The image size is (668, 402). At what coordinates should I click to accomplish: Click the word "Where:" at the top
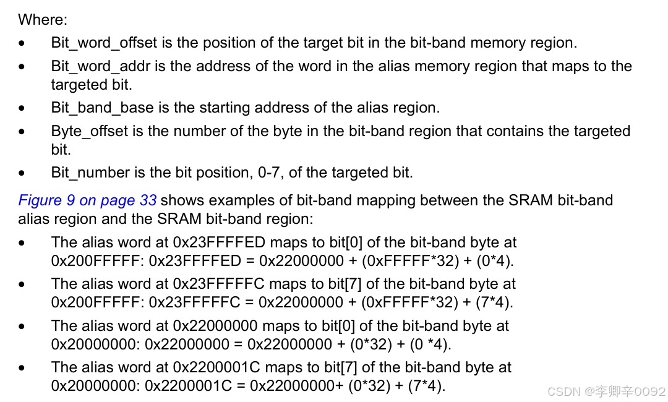pos(42,20)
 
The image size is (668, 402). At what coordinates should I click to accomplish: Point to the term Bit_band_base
pos(102,108)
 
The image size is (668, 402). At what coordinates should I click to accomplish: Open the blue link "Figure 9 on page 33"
pos(87,200)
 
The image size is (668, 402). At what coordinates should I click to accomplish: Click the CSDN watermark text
pos(606,391)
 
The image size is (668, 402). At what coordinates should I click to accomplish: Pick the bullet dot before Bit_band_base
pos(22,108)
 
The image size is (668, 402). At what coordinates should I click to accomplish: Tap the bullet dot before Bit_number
pos(22,173)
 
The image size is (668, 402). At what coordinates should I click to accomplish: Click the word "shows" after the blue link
pos(179,200)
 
